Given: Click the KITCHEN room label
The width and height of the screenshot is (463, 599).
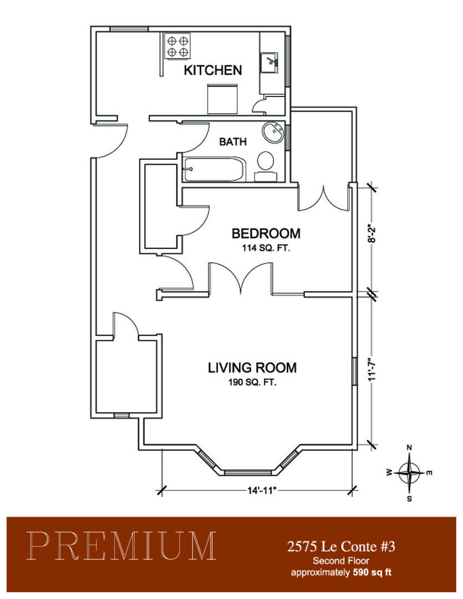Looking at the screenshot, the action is tap(213, 70).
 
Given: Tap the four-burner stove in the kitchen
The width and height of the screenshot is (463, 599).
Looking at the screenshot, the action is tap(177, 46).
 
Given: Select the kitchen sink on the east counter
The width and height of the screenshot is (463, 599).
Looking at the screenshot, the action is tap(269, 63).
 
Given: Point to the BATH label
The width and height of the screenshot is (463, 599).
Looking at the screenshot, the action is tap(233, 142).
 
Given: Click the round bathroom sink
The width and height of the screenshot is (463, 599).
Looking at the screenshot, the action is tap(273, 133).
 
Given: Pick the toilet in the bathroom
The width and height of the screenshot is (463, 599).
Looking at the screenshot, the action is tap(266, 166).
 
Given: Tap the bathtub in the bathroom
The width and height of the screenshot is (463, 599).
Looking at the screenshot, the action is tap(214, 169).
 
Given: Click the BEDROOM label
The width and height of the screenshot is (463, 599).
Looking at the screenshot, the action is tap(266, 233).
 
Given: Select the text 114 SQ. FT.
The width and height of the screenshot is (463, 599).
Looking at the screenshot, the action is tap(266, 248).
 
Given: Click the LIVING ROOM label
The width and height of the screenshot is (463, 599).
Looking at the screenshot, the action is tap(252, 368).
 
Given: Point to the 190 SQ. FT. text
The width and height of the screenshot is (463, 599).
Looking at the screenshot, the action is tap(252, 382).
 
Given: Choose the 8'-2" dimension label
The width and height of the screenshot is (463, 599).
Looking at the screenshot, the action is tap(373, 233).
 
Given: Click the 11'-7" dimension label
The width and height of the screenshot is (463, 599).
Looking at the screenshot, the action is tap(373, 369).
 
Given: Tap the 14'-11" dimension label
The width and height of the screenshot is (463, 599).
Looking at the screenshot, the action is tap(262, 490).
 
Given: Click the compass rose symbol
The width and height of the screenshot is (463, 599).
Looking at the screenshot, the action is tap(409, 473).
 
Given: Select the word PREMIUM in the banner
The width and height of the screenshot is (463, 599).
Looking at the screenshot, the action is tap(121, 546).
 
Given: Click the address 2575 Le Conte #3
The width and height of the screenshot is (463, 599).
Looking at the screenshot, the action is tap(341, 547).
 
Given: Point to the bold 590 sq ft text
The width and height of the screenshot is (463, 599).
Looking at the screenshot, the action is tap(372, 572).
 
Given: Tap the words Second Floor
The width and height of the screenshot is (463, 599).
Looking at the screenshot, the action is tap(341, 561).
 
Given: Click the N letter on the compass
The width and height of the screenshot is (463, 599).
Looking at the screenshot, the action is tap(409, 448).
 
